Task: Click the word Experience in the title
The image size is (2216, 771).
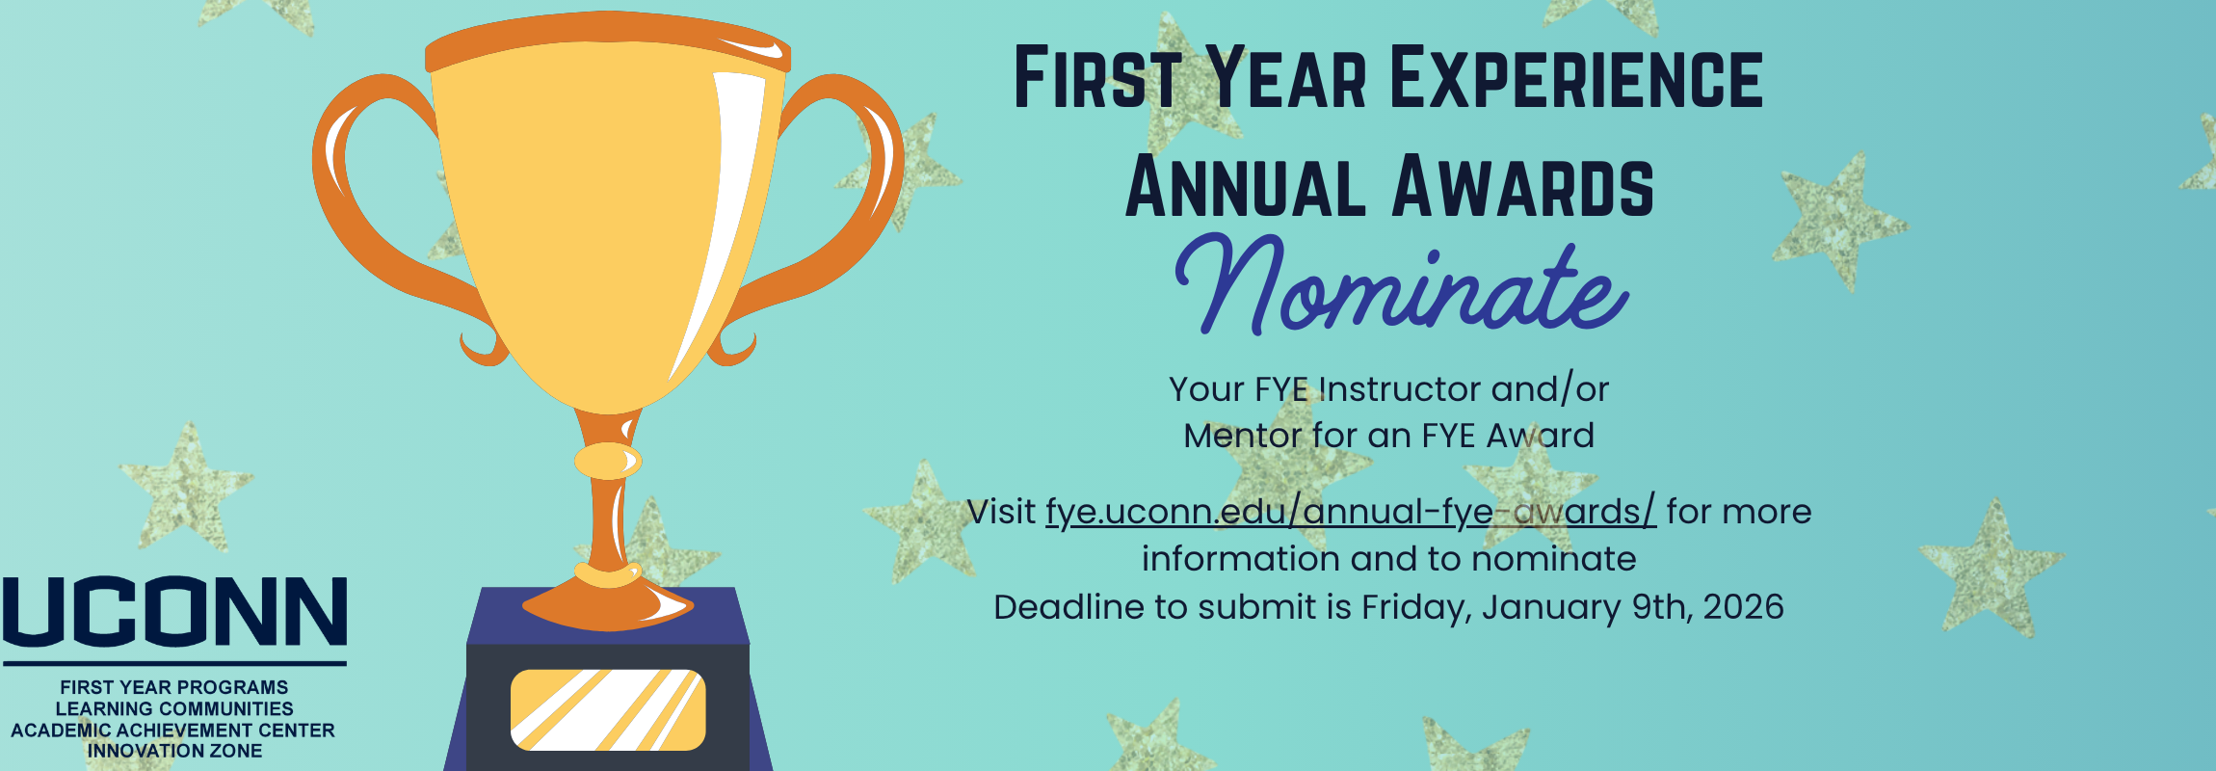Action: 1576,78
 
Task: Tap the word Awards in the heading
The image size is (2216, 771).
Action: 1523,186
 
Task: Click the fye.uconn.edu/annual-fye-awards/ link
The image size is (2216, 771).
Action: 1351,512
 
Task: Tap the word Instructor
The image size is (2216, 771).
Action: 1399,389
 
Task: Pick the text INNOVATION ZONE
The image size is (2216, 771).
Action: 174,751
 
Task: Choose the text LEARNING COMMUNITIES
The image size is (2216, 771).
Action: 174,708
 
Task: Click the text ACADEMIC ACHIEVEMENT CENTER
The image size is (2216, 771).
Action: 173,730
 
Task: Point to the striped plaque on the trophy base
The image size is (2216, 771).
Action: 608,710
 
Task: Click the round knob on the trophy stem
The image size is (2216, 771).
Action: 608,461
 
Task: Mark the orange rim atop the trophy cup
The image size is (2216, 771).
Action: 608,40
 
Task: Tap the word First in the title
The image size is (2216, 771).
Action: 1097,78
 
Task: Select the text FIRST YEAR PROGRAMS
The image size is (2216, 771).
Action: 174,687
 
